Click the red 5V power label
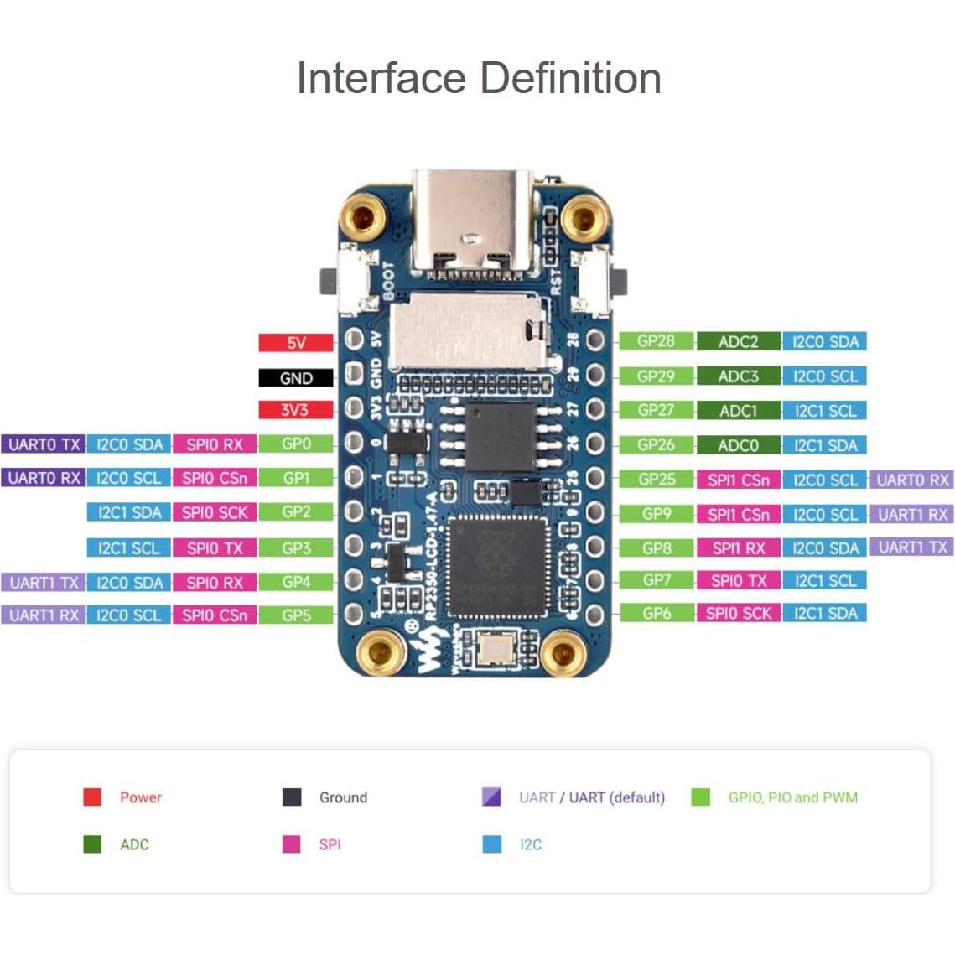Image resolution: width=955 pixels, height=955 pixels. [295, 343]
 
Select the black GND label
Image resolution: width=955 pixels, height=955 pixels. [295, 378]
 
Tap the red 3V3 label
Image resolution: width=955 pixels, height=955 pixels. [295, 410]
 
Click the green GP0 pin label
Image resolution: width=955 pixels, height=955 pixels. [296, 444]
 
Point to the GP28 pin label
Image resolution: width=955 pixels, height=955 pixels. [656, 341]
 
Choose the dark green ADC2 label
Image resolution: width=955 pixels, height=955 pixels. [738, 341]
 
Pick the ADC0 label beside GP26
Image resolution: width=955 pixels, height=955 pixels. [738, 445]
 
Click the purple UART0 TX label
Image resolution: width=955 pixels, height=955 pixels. [44, 444]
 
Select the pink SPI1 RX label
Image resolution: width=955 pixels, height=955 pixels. [738, 548]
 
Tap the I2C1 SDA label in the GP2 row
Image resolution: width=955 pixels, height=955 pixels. [129, 512]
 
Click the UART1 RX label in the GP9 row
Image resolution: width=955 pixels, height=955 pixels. [912, 514]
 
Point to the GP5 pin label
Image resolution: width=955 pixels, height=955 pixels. [296, 615]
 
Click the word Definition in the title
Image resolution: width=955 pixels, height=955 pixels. [571, 78]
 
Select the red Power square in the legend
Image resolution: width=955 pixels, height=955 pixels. [92, 797]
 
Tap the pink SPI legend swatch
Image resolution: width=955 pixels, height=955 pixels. [291, 843]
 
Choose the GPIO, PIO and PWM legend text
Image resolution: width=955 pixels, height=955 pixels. [792, 797]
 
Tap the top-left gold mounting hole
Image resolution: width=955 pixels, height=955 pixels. [362, 218]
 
